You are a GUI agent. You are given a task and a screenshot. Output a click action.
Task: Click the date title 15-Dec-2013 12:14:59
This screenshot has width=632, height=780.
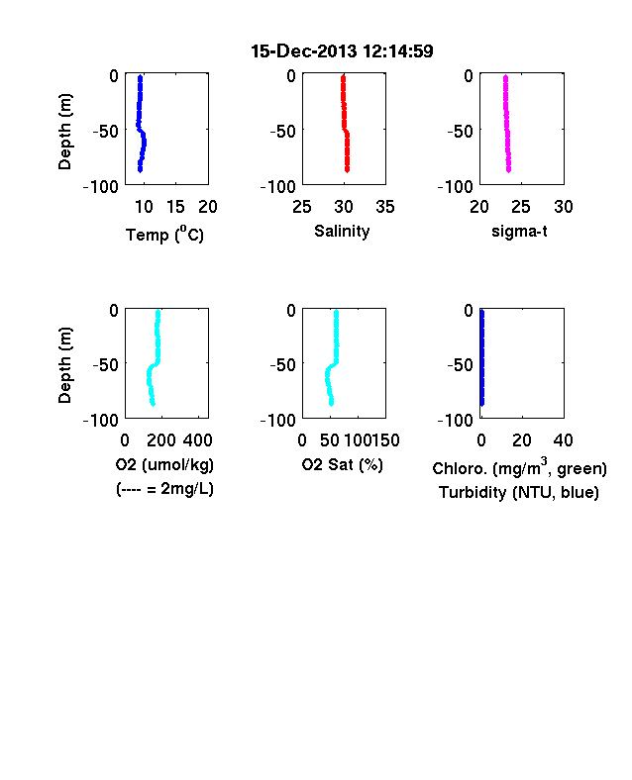342,50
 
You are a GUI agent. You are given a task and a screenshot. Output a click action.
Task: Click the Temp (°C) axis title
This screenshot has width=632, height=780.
164,234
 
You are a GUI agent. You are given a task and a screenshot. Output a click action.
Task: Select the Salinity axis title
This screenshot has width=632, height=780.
342,231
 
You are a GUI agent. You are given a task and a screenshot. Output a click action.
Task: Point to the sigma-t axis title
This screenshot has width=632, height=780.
519,231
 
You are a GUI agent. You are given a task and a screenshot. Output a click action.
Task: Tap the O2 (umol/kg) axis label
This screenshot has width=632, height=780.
164,464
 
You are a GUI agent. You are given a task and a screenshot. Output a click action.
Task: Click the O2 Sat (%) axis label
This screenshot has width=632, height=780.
342,464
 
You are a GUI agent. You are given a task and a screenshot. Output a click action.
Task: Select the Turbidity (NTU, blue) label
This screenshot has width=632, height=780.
518,493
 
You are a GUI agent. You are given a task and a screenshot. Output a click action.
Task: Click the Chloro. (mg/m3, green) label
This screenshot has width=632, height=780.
519,467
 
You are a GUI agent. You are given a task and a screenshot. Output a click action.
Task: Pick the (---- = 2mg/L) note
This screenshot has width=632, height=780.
164,489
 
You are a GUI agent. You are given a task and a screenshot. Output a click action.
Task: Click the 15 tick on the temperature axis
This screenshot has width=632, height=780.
175,207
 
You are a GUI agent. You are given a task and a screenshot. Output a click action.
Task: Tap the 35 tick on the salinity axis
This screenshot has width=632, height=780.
385,207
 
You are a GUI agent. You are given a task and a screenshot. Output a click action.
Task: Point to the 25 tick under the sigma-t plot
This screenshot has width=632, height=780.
521,207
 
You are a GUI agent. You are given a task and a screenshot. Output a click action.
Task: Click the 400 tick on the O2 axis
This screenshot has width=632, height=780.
197,440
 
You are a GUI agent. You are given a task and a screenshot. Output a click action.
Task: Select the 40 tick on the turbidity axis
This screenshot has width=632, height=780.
563,440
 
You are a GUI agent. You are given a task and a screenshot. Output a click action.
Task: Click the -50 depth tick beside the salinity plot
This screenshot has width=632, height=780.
282,132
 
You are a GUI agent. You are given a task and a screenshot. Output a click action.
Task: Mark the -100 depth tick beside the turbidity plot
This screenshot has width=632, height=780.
455,421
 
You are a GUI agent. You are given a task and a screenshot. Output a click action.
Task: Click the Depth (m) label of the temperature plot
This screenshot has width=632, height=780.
64,132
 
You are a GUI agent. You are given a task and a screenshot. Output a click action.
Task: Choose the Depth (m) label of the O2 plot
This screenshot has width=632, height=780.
64,365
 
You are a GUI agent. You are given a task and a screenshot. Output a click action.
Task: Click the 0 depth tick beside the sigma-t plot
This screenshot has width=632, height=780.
469,75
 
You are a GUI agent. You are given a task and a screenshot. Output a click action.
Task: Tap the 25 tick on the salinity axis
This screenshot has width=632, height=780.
302,207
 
